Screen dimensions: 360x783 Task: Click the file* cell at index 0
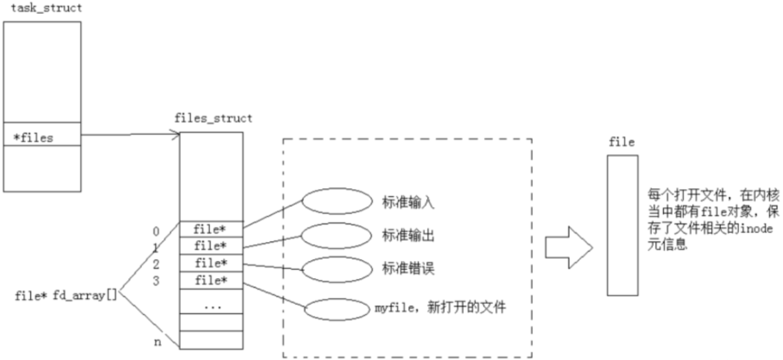pyautogui.click(x=211, y=228)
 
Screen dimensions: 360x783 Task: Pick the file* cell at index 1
pyautogui.click(x=211, y=245)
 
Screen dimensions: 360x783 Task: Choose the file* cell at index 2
pyautogui.click(x=211, y=262)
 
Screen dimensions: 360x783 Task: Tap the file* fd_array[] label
pyautogui.click(x=66, y=295)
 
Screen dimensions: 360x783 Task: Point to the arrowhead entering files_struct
pyautogui.click(x=176, y=133)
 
